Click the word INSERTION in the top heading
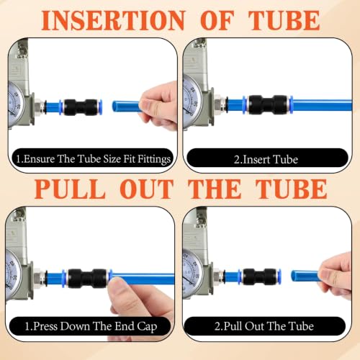114,20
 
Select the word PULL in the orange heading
70,189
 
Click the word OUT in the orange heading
147,189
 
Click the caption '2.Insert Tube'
266,160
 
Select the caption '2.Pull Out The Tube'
264,326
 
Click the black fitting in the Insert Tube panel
268,104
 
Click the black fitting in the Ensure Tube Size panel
81,107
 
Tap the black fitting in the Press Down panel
87,279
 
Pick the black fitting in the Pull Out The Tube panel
260,276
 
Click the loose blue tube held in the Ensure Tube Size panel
126,107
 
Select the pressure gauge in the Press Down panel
14,274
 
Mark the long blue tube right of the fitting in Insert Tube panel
322,105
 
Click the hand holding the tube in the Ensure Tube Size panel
159,106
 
